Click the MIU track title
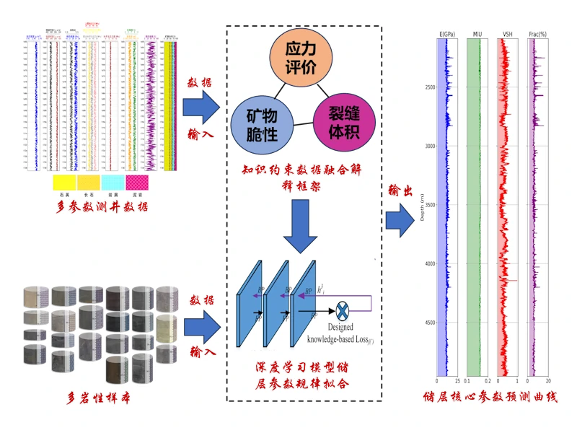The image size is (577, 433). point(477,34)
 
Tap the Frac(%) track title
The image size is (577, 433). point(537,34)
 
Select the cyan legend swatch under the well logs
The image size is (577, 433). point(113,181)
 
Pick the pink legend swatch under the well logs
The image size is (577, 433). point(137,181)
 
